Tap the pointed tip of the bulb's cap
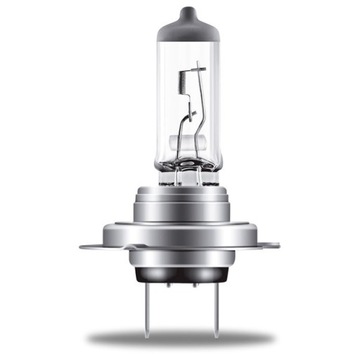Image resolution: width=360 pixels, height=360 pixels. (x=180, y=8)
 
